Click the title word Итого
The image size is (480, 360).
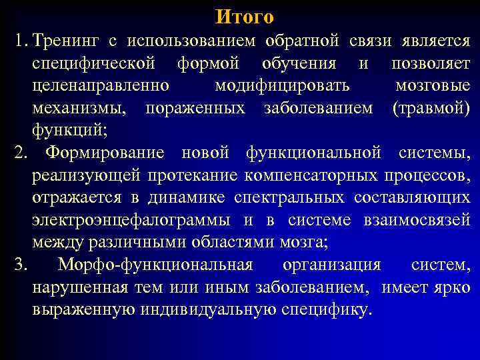point(245,15)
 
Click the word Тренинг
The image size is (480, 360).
point(65,41)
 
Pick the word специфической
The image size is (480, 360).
point(93,63)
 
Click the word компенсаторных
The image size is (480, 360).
point(326,175)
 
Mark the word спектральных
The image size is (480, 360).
point(289,198)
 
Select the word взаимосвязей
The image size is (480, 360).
point(421,220)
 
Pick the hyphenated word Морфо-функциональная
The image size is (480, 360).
point(155,265)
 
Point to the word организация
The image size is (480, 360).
point(331,265)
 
